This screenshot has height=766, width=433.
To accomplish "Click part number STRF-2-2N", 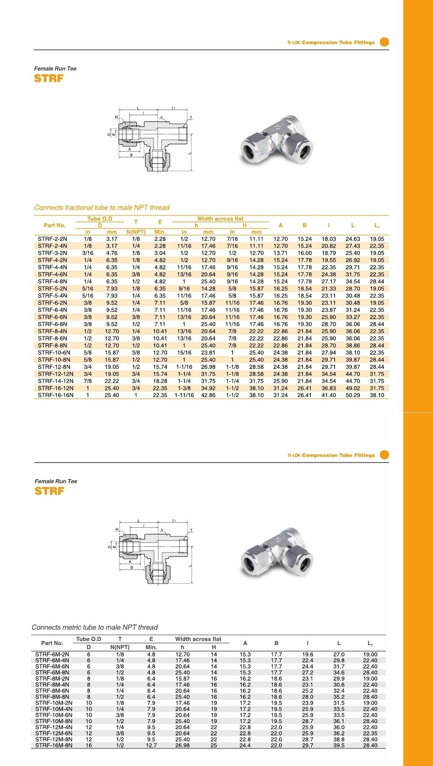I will tap(52, 239).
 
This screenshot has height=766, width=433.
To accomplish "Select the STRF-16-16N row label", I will tap(55, 395).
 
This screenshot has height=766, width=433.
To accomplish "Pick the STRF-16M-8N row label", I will tap(54, 746).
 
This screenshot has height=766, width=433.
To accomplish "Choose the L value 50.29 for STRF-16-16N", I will tap(352, 395).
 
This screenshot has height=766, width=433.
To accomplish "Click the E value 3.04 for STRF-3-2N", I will tap(160, 253).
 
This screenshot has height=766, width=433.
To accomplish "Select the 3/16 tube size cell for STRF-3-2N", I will tap(87, 253).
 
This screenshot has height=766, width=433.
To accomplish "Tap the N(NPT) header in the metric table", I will tap(120, 647).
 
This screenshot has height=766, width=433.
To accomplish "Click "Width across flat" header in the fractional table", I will tap(220, 219).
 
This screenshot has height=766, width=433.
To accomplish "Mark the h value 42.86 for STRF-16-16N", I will tap(208, 395).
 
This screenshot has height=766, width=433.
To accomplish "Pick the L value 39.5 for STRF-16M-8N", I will tap(339, 746).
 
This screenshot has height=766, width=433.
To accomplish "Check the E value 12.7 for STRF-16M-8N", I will tap(151, 746).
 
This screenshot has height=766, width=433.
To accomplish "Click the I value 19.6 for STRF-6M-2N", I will tap(307, 655).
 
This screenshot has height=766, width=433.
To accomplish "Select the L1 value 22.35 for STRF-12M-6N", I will tap(370, 734).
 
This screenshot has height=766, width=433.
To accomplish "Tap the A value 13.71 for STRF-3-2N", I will tap(281, 253).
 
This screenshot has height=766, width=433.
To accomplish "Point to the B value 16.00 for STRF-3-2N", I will tap(304, 253).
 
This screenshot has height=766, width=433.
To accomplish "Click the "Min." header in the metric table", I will tap(151, 647).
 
